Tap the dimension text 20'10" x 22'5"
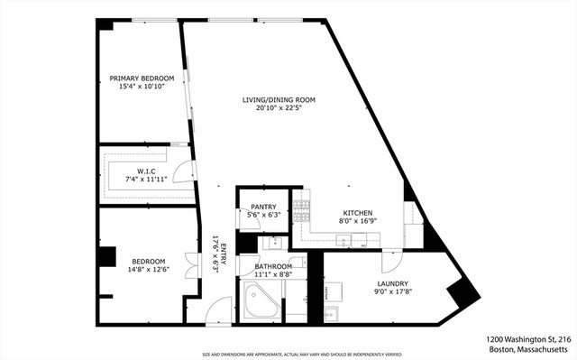278,109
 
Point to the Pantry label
263,207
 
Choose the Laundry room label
392,282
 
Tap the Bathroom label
272,267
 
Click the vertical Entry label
215,254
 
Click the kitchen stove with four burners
302,211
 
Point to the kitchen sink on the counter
343,241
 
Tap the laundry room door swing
391,261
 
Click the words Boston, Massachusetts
529,349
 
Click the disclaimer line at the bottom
288,355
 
